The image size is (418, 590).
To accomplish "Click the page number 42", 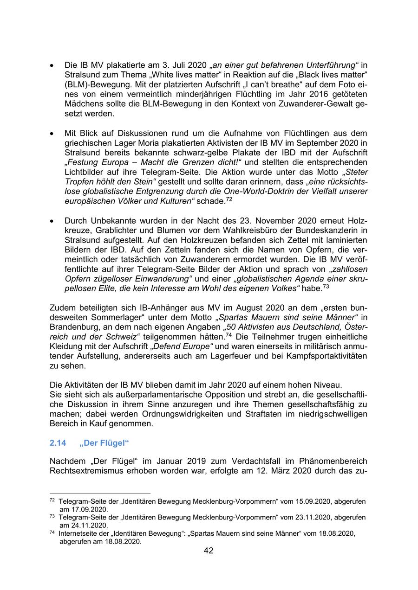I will click(x=209, y=551).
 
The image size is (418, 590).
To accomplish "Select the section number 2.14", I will click(x=58, y=443).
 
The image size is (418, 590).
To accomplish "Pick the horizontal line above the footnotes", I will click(x=100, y=493).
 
